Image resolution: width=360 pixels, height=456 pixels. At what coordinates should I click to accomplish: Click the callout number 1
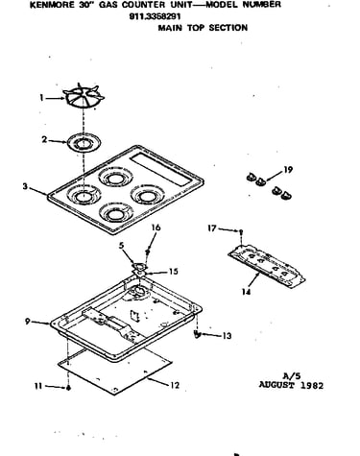coord(41,98)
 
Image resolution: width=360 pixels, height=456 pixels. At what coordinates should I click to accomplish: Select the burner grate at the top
coord(84,96)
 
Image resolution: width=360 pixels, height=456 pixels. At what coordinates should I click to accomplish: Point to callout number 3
coord(25,186)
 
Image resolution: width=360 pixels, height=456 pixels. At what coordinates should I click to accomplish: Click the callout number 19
coord(288,170)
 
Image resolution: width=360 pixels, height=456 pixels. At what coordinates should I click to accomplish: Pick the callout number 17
coord(212,228)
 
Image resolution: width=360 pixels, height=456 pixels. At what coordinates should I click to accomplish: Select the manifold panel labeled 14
coord(266,267)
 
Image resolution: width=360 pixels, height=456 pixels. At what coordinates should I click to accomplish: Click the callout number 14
coord(246,292)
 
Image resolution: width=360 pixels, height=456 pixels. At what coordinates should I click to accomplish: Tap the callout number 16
coord(156,228)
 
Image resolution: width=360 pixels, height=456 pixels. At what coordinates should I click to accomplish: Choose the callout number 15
coord(173,272)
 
